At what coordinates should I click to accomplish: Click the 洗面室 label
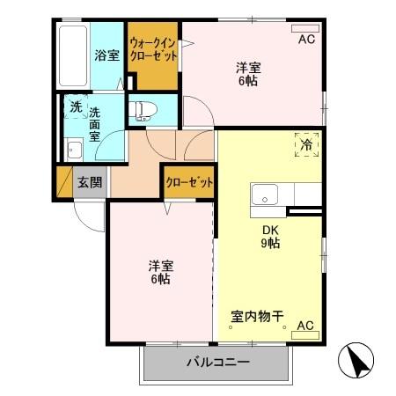tap(94, 125)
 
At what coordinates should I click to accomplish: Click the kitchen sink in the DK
tap(265, 194)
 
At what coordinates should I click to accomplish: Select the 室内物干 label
tap(257, 314)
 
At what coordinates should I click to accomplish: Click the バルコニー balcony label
tap(217, 363)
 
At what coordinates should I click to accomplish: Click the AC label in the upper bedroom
tap(305, 39)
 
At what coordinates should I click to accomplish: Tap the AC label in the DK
tap(305, 326)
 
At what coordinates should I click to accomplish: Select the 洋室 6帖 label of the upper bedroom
tap(248, 74)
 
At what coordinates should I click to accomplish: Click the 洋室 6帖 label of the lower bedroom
tap(159, 271)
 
